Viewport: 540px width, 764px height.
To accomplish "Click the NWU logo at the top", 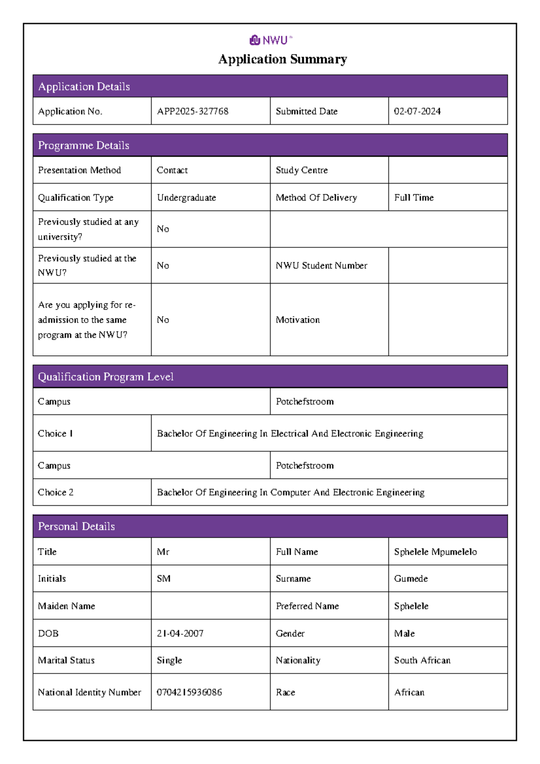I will tap(270, 40).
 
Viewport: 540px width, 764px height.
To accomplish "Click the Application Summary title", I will tap(283, 59).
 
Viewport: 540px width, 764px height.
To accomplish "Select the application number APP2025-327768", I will tap(193, 111).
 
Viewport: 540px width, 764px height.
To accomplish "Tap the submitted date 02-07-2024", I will tap(417, 111).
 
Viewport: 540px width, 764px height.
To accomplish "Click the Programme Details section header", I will tap(84, 145).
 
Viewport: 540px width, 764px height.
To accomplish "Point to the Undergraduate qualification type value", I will tap(186, 198).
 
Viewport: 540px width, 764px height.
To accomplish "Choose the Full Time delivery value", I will tap(414, 198).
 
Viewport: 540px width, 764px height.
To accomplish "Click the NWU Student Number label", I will tap(321, 265).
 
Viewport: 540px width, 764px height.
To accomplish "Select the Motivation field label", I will tap(297, 320).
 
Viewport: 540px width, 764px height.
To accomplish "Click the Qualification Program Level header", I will tap(106, 377).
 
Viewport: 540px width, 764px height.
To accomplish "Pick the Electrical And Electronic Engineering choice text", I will tap(290, 433).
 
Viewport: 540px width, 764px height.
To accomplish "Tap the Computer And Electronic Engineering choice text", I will tap(290, 492).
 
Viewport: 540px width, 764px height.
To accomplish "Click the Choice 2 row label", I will tap(55, 492).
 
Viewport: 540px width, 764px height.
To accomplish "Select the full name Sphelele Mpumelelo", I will tap(435, 552).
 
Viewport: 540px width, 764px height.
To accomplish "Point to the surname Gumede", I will tap(411, 579).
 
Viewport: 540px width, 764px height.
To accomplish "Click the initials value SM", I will tap(163, 579).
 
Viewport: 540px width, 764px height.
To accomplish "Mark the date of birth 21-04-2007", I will tap(180, 634).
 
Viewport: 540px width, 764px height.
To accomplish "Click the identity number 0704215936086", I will tap(189, 692).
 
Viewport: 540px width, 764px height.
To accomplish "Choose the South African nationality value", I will tap(422, 660).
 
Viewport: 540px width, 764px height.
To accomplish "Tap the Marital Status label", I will tap(66, 660).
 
